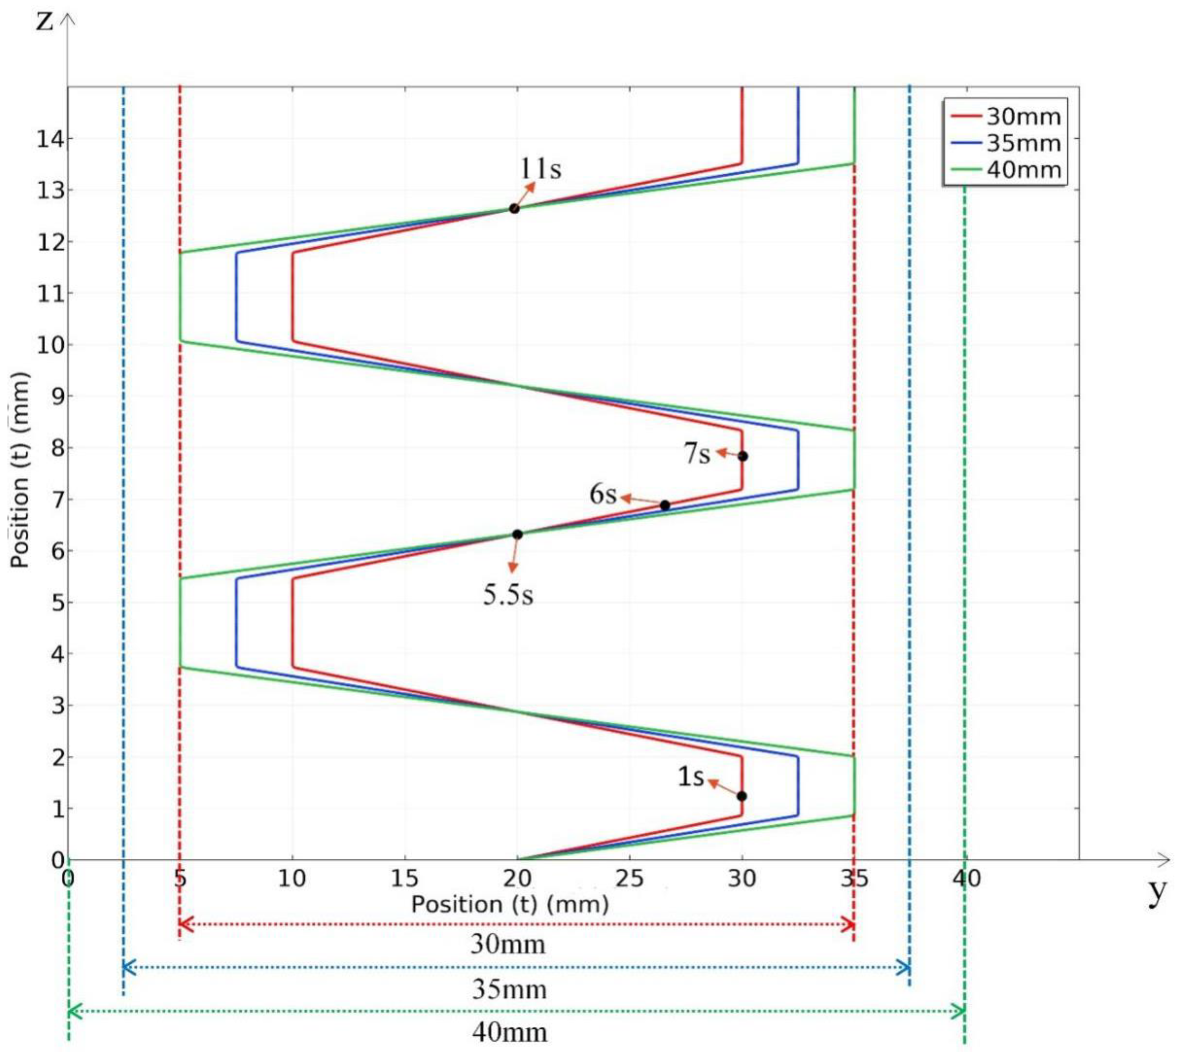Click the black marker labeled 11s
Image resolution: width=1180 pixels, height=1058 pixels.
coord(514,209)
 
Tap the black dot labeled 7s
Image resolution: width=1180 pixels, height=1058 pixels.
coord(742,456)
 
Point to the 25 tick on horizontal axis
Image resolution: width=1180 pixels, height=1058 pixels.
coord(630,878)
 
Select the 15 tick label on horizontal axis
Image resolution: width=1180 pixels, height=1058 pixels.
coord(404,878)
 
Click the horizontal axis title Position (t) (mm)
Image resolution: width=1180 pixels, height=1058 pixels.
coord(510,905)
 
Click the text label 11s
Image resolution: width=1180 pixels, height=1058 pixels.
coord(540,169)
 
